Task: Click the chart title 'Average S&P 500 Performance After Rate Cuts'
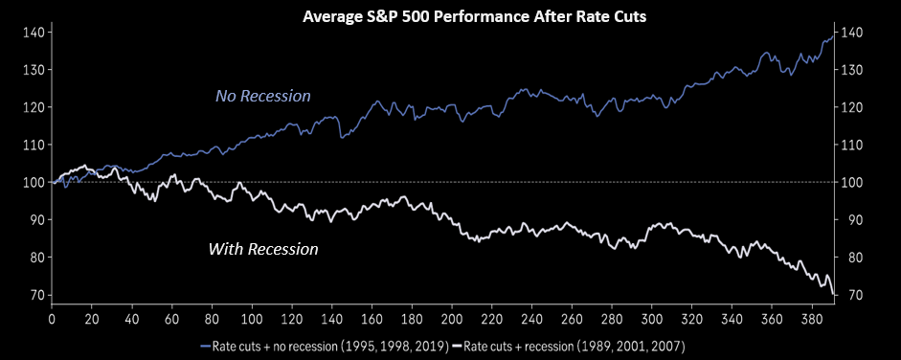(x=474, y=17)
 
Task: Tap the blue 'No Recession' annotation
(x=262, y=96)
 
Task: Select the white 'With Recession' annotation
(x=263, y=249)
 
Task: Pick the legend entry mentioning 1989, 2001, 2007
(x=569, y=347)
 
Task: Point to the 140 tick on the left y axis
(x=34, y=33)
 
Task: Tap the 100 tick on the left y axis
(x=34, y=182)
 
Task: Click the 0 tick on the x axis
(x=52, y=319)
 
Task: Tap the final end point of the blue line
(x=833, y=36)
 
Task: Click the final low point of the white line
(x=833, y=295)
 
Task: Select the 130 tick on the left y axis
(x=34, y=70)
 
